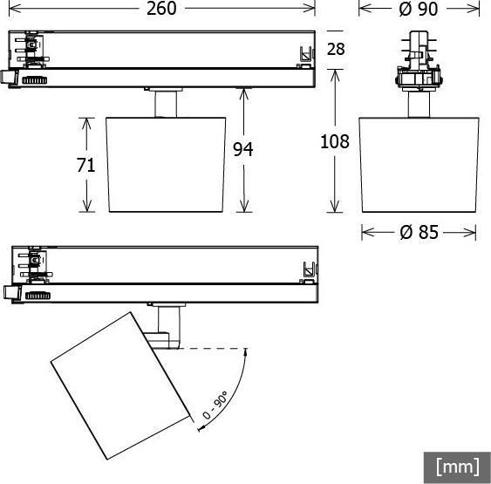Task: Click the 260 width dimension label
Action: [160, 9]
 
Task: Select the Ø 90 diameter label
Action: [418, 9]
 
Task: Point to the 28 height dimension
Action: [336, 50]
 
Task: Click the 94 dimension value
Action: [243, 150]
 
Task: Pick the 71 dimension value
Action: [85, 166]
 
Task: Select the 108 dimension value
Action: [335, 141]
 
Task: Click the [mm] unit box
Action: [457, 467]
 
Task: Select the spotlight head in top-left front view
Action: [166, 163]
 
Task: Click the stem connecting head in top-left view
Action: [165, 103]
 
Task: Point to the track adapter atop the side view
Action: [419, 65]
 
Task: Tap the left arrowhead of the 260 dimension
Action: [10, 9]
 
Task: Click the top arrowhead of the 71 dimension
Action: [86, 122]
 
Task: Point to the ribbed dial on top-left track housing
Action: [35, 79]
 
